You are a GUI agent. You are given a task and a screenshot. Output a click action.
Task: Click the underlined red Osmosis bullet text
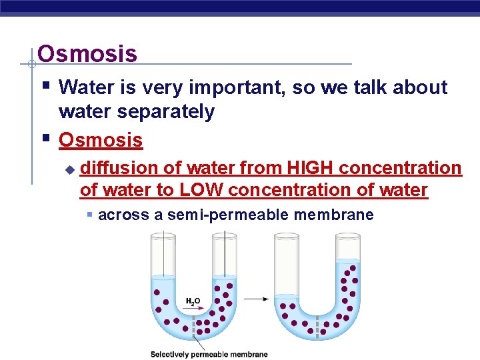tap(101, 140)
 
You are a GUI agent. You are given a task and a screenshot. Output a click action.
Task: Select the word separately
tap(167, 112)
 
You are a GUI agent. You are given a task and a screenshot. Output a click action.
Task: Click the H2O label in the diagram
tap(193, 301)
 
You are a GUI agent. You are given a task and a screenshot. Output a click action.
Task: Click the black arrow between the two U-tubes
tap(256, 299)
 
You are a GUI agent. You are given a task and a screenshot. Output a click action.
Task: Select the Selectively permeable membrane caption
tap(209, 354)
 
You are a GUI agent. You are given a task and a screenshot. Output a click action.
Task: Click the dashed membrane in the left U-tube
tap(194, 327)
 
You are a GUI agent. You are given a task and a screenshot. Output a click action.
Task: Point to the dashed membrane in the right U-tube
tap(318, 327)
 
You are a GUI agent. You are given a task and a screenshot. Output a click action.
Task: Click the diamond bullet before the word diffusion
tap(69, 170)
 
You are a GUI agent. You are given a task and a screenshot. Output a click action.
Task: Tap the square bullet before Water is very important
tap(45, 85)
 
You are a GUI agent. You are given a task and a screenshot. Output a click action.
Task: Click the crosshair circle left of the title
tap(31, 64)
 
